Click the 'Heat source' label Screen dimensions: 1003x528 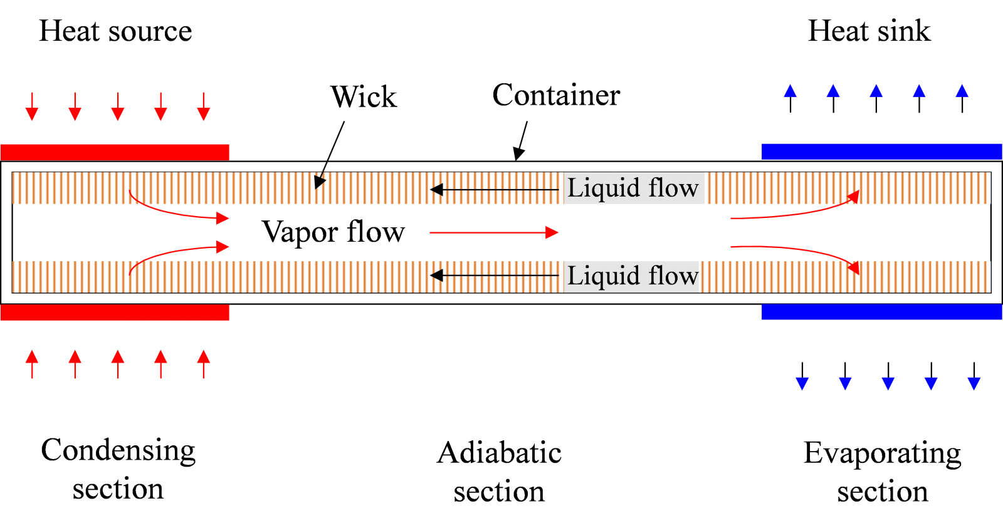click(115, 31)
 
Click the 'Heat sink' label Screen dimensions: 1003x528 click(869, 31)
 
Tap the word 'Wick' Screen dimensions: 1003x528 click(364, 96)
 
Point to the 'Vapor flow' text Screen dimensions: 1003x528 click(333, 232)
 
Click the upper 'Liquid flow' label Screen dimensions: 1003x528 click(633, 187)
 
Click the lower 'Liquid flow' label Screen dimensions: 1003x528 click(633, 275)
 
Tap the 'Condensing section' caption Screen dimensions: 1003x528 click(118, 468)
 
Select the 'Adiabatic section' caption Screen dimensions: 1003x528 click(499, 472)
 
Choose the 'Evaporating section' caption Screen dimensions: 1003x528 click(882, 472)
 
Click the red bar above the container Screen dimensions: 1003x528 click(115, 152)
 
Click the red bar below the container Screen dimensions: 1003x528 click(115, 313)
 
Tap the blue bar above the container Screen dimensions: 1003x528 click(881, 152)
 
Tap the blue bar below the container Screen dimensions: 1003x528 click(881, 311)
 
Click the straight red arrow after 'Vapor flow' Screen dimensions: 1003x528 click(494, 232)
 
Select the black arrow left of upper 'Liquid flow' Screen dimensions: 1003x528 click(495, 190)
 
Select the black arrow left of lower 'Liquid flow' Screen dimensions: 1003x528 click(495, 276)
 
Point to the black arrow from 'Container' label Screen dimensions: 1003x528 click(521, 140)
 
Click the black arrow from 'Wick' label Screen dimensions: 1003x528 click(330, 155)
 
